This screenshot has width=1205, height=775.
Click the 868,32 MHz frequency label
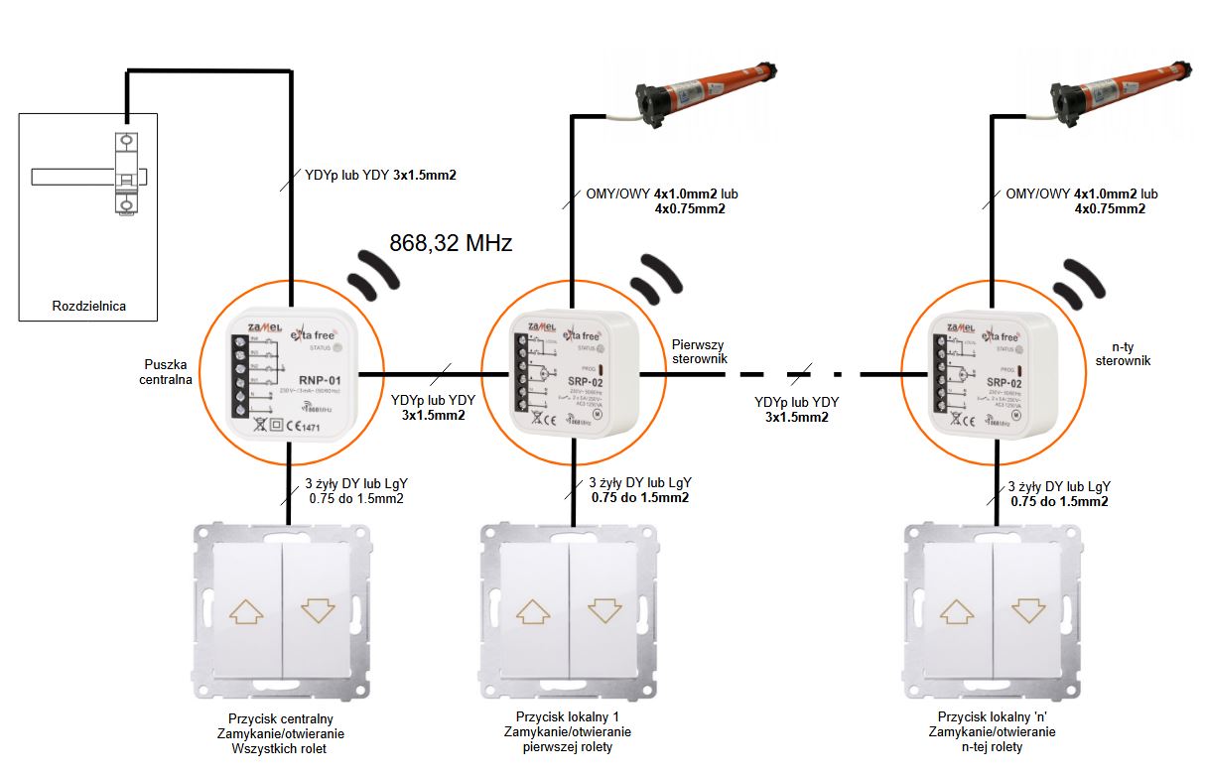coord(450,242)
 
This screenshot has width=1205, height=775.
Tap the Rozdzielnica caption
coord(89,306)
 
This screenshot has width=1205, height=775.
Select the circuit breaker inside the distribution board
coord(126,173)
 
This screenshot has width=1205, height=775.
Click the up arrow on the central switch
coord(246,611)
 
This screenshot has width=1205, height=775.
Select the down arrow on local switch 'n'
coord(1028,611)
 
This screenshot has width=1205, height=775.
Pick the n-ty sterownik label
coord(1122,354)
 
